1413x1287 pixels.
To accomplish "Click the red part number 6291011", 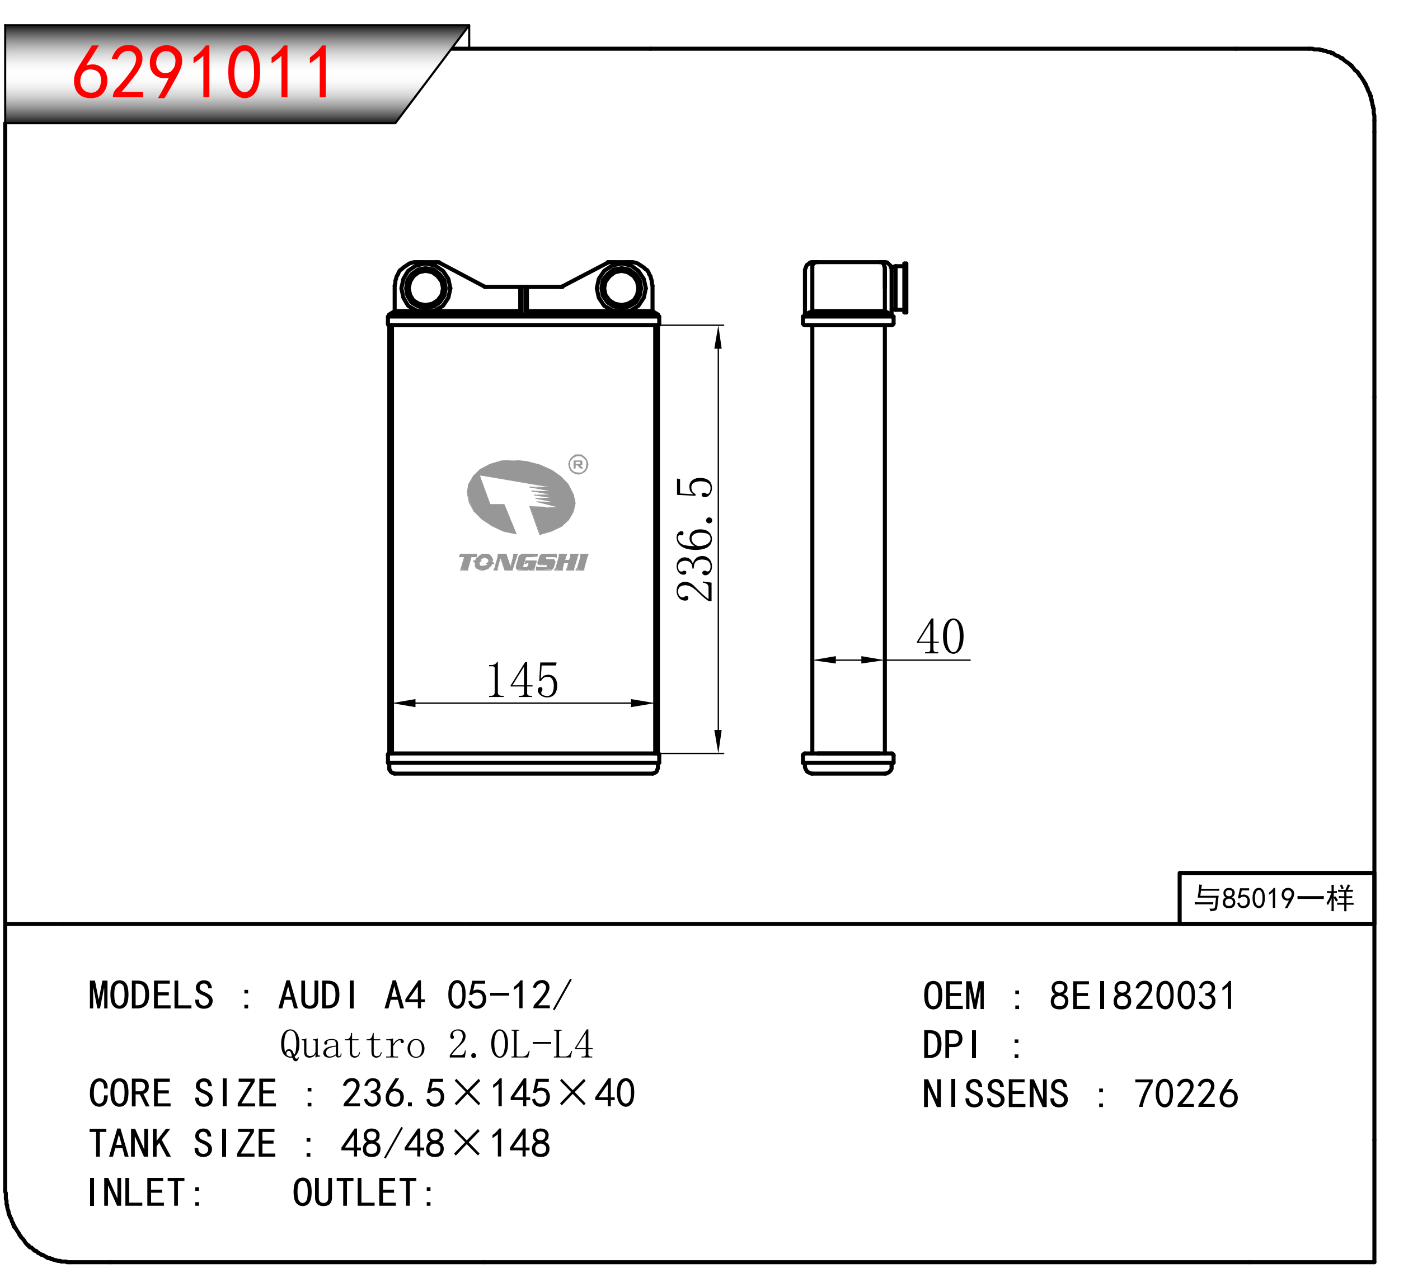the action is tap(203, 72).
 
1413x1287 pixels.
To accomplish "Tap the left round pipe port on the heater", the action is tap(425, 287).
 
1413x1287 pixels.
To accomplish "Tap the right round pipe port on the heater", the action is tap(621, 287).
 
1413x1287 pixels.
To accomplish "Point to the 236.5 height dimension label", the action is tap(694, 539).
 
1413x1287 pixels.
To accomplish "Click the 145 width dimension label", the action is tap(522, 680).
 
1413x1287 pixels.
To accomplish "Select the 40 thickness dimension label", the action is tap(941, 637).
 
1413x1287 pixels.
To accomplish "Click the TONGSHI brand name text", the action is tap(523, 563).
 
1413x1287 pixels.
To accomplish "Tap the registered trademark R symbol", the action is tap(578, 464).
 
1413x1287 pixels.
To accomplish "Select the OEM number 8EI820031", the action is tap(1143, 996).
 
